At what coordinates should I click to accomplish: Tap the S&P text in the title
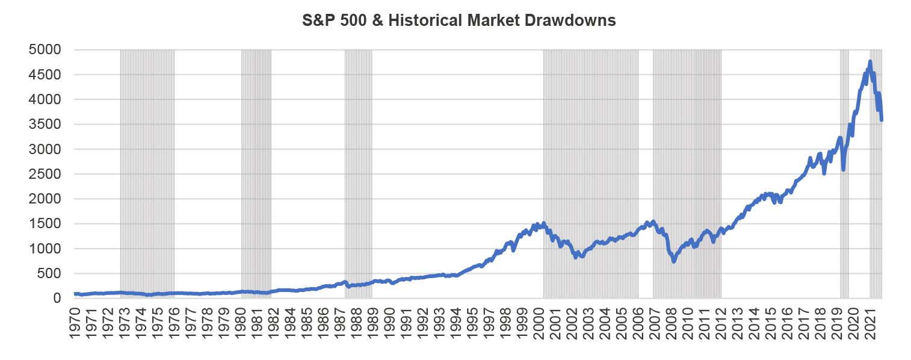tap(317, 20)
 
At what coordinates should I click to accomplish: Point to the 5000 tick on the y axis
tap(45, 50)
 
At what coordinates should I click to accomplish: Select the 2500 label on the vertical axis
tap(45, 175)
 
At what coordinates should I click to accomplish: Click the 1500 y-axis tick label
tap(45, 224)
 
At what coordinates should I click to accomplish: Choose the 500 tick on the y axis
tap(49, 274)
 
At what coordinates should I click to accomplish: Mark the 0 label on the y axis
tap(58, 299)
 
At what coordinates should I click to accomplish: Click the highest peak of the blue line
tap(869, 61)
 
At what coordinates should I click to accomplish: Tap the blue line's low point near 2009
tap(674, 261)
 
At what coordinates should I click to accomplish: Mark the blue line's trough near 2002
tap(576, 257)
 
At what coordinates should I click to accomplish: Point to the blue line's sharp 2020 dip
tap(844, 170)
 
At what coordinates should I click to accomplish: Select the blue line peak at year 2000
tap(543, 223)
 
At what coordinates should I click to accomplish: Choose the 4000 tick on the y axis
tap(45, 100)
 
